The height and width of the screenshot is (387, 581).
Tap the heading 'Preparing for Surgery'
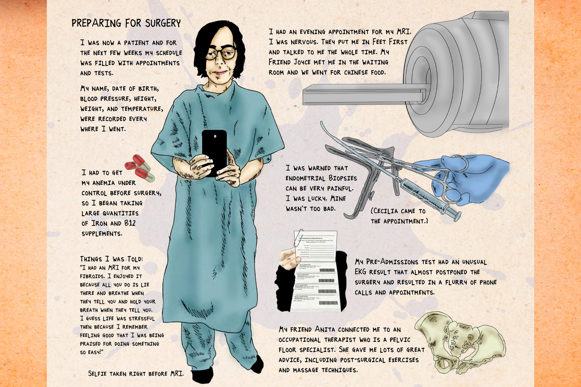(x=126, y=23)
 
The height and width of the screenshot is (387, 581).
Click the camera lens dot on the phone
(x=215, y=136)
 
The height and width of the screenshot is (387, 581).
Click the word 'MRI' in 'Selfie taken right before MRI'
(x=177, y=374)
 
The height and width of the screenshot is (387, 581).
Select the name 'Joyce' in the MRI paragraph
(x=302, y=62)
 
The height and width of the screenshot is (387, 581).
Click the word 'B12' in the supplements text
(x=130, y=223)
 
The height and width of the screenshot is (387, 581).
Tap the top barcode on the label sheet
(x=327, y=270)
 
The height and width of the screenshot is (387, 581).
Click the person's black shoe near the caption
(x=203, y=376)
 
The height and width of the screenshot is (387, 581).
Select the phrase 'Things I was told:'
(x=111, y=259)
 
